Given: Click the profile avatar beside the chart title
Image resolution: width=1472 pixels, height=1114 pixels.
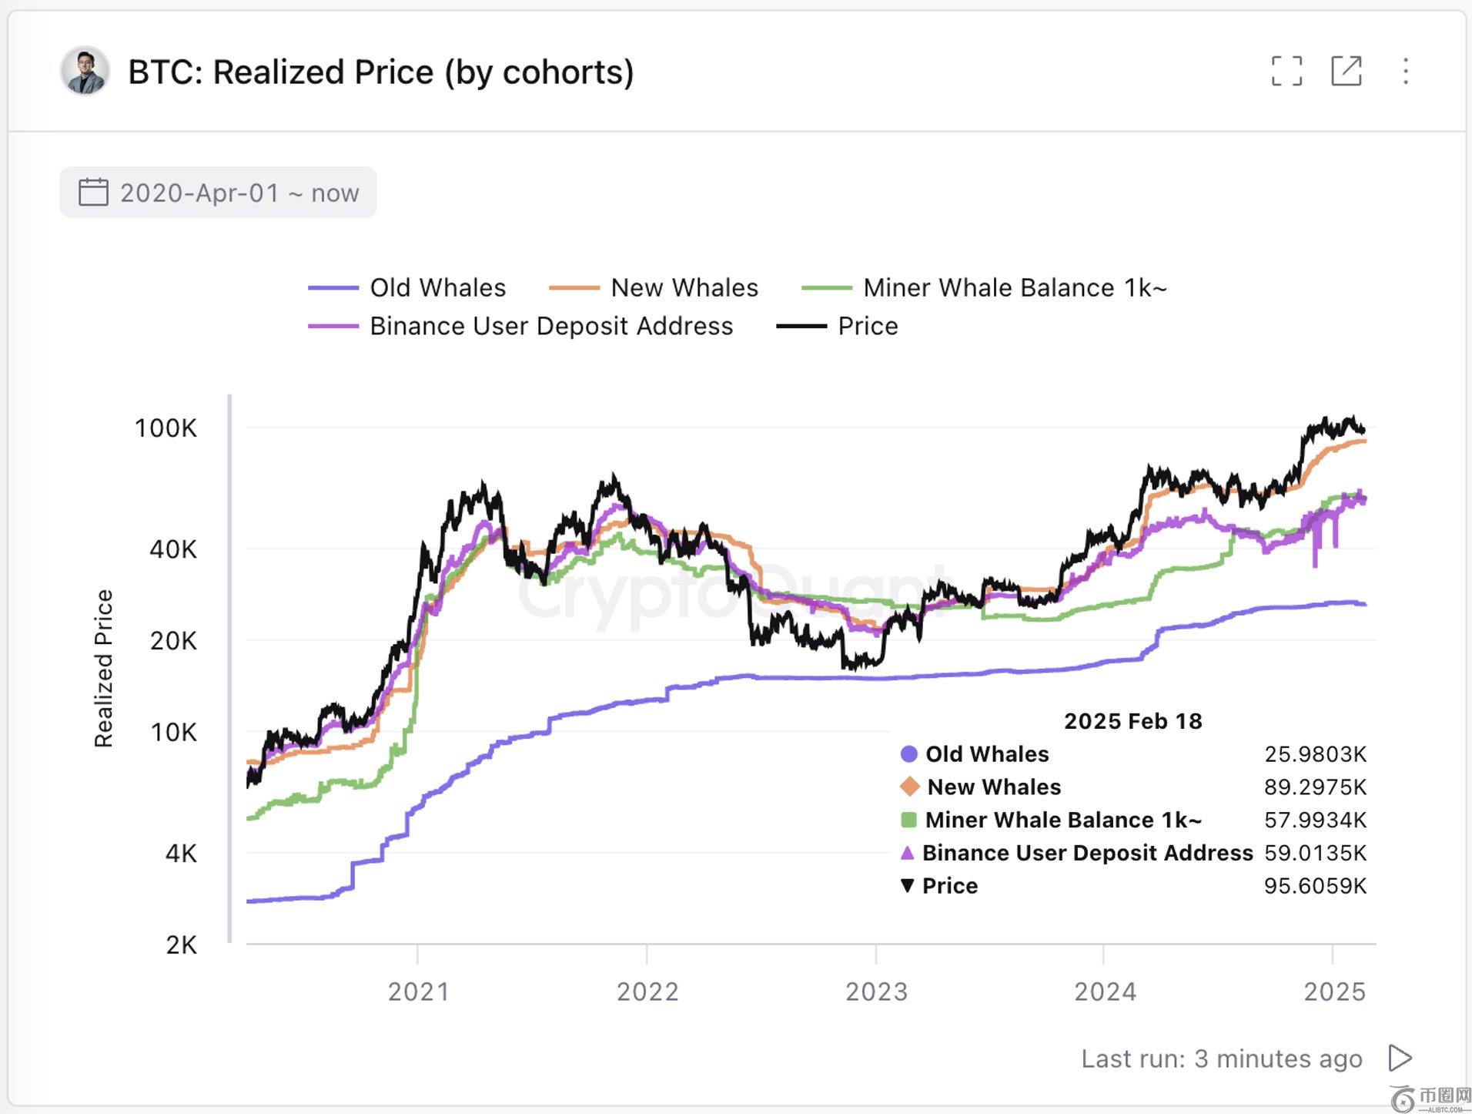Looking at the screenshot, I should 85,72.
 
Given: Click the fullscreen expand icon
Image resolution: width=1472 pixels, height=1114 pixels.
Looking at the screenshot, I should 1286,71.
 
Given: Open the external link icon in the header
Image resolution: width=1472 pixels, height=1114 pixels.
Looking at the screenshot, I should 1347,71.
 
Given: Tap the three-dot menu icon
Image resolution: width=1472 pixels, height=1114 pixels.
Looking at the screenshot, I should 1406,71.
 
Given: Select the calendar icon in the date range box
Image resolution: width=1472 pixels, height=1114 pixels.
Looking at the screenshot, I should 93,192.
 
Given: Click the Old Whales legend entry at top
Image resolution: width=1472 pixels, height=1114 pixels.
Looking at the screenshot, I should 408,287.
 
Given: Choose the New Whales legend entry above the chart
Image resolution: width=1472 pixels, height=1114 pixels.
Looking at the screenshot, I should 654,287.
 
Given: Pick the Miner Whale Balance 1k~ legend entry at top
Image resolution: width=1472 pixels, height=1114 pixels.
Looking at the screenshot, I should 985,287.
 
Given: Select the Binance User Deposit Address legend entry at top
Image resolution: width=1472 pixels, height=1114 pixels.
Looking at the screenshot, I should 521,326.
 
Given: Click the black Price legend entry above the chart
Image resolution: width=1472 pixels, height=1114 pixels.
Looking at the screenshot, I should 838,326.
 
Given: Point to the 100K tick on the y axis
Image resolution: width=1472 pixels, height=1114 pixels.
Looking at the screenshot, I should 166,428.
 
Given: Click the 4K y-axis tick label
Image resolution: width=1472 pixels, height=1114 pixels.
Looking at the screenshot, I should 181,854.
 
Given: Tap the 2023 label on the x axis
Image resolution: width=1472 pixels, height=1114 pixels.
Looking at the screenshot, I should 876,992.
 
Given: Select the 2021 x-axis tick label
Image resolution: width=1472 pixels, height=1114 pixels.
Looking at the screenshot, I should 418,992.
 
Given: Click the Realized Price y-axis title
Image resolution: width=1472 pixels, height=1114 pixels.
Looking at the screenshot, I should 103,668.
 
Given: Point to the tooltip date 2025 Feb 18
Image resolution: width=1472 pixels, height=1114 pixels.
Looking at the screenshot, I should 1132,721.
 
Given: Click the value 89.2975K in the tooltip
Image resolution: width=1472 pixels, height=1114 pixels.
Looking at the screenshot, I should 1315,787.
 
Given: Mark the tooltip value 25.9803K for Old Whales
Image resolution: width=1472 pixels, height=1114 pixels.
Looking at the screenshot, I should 1315,753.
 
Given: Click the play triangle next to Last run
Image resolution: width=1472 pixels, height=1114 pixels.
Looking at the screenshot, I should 1400,1058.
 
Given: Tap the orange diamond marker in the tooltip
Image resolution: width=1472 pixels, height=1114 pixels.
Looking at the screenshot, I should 909,787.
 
